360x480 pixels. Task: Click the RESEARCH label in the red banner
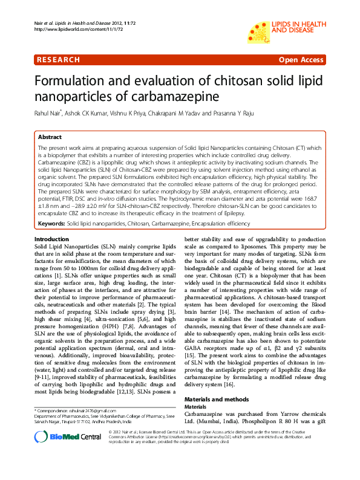coord(58,60)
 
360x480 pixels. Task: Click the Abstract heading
coord(50,137)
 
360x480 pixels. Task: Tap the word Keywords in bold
coord(52,224)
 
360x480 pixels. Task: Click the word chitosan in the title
coord(241,82)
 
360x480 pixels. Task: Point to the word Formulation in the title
coord(74,82)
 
